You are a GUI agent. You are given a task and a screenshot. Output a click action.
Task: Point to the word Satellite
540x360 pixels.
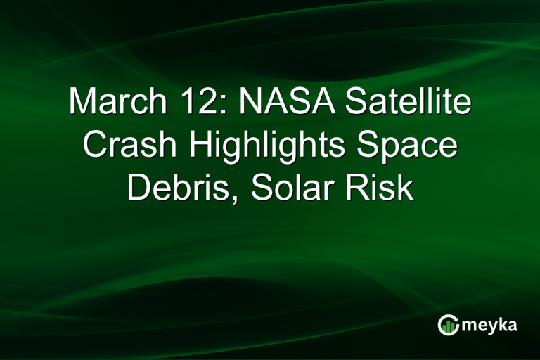tap(409, 103)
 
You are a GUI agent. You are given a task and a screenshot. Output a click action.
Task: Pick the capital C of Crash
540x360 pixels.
tap(95, 146)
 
